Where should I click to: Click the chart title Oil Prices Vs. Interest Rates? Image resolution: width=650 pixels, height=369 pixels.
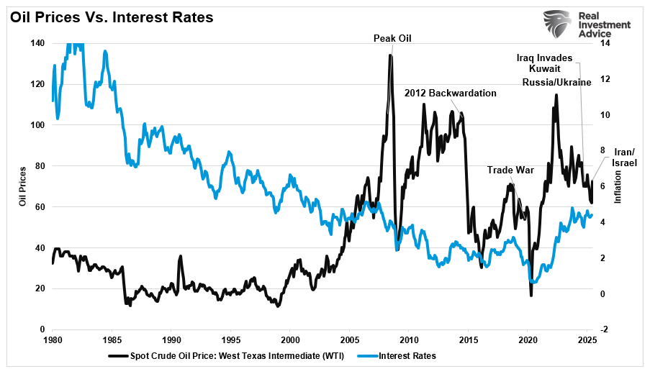coord(112,17)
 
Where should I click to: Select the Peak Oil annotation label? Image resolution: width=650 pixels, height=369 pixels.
coord(392,38)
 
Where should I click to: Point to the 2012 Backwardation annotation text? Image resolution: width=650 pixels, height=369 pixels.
coord(451,93)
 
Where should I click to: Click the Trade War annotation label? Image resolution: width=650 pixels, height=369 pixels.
coord(510,170)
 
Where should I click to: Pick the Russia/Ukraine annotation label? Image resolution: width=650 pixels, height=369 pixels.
coord(556,82)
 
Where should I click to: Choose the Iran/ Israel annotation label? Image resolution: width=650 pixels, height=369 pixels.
coord(624,158)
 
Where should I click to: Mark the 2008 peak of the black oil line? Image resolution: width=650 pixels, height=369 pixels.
coord(390,55)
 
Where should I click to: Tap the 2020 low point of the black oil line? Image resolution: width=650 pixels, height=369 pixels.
coord(531,295)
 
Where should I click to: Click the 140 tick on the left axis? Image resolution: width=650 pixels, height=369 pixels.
coord(37,43)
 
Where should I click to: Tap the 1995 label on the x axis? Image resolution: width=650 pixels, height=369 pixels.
coord(230,339)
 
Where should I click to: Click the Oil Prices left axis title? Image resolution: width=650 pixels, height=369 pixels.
coord(23,186)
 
